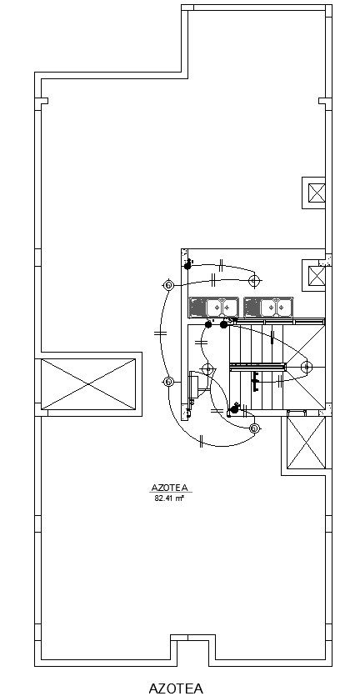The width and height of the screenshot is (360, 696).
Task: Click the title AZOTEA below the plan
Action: pyautogui.click(x=176, y=688)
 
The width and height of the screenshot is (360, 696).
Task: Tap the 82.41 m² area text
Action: pyautogui.click(x=169, y=498)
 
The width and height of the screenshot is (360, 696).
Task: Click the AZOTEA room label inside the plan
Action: pyautogui.click(x=172, y=488)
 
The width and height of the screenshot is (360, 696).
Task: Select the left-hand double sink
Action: pyautogui.click(x=214, y=308)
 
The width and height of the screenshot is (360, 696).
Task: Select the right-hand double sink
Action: pyautogui.click(x=268, y=308)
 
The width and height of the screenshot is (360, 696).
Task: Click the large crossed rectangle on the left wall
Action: pyautogui.click(x=88, y=384)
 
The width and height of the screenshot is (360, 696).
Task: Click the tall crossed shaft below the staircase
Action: pyautogui.click(x=307, y=442)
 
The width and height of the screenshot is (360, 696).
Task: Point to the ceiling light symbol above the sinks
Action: pyautogui.click(x=254, y=281)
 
